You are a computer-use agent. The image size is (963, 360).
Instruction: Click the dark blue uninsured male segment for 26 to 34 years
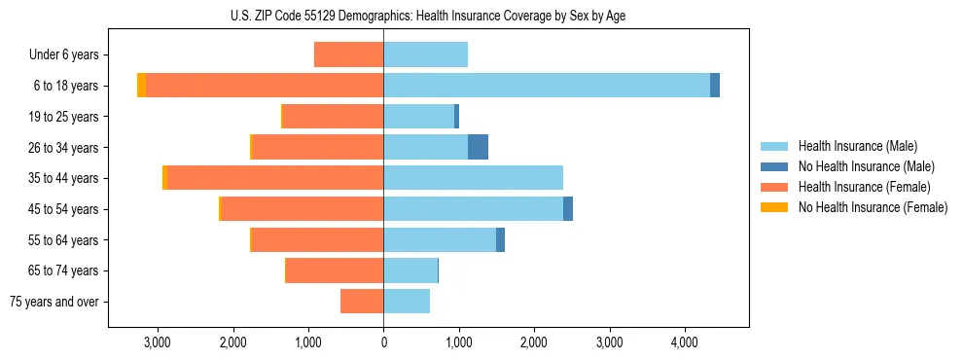pos(478,147)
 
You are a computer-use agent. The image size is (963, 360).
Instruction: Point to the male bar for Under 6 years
pos(426,54)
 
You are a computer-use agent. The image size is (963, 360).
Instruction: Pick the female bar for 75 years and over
pos(362,302)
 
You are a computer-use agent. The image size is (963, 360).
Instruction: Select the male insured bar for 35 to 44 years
pos(473,178)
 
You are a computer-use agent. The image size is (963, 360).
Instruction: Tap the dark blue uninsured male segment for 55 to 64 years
pos(500,240)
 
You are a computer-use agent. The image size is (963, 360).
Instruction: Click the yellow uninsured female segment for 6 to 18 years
pos(141,86)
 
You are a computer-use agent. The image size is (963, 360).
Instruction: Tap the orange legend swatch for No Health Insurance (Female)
pos(775,207)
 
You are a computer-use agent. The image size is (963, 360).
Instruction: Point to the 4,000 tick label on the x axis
pos(684,343)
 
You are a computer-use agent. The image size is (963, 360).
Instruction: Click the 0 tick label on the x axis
pos(383,343)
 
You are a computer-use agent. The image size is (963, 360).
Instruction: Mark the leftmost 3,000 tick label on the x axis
pos(157,343)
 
